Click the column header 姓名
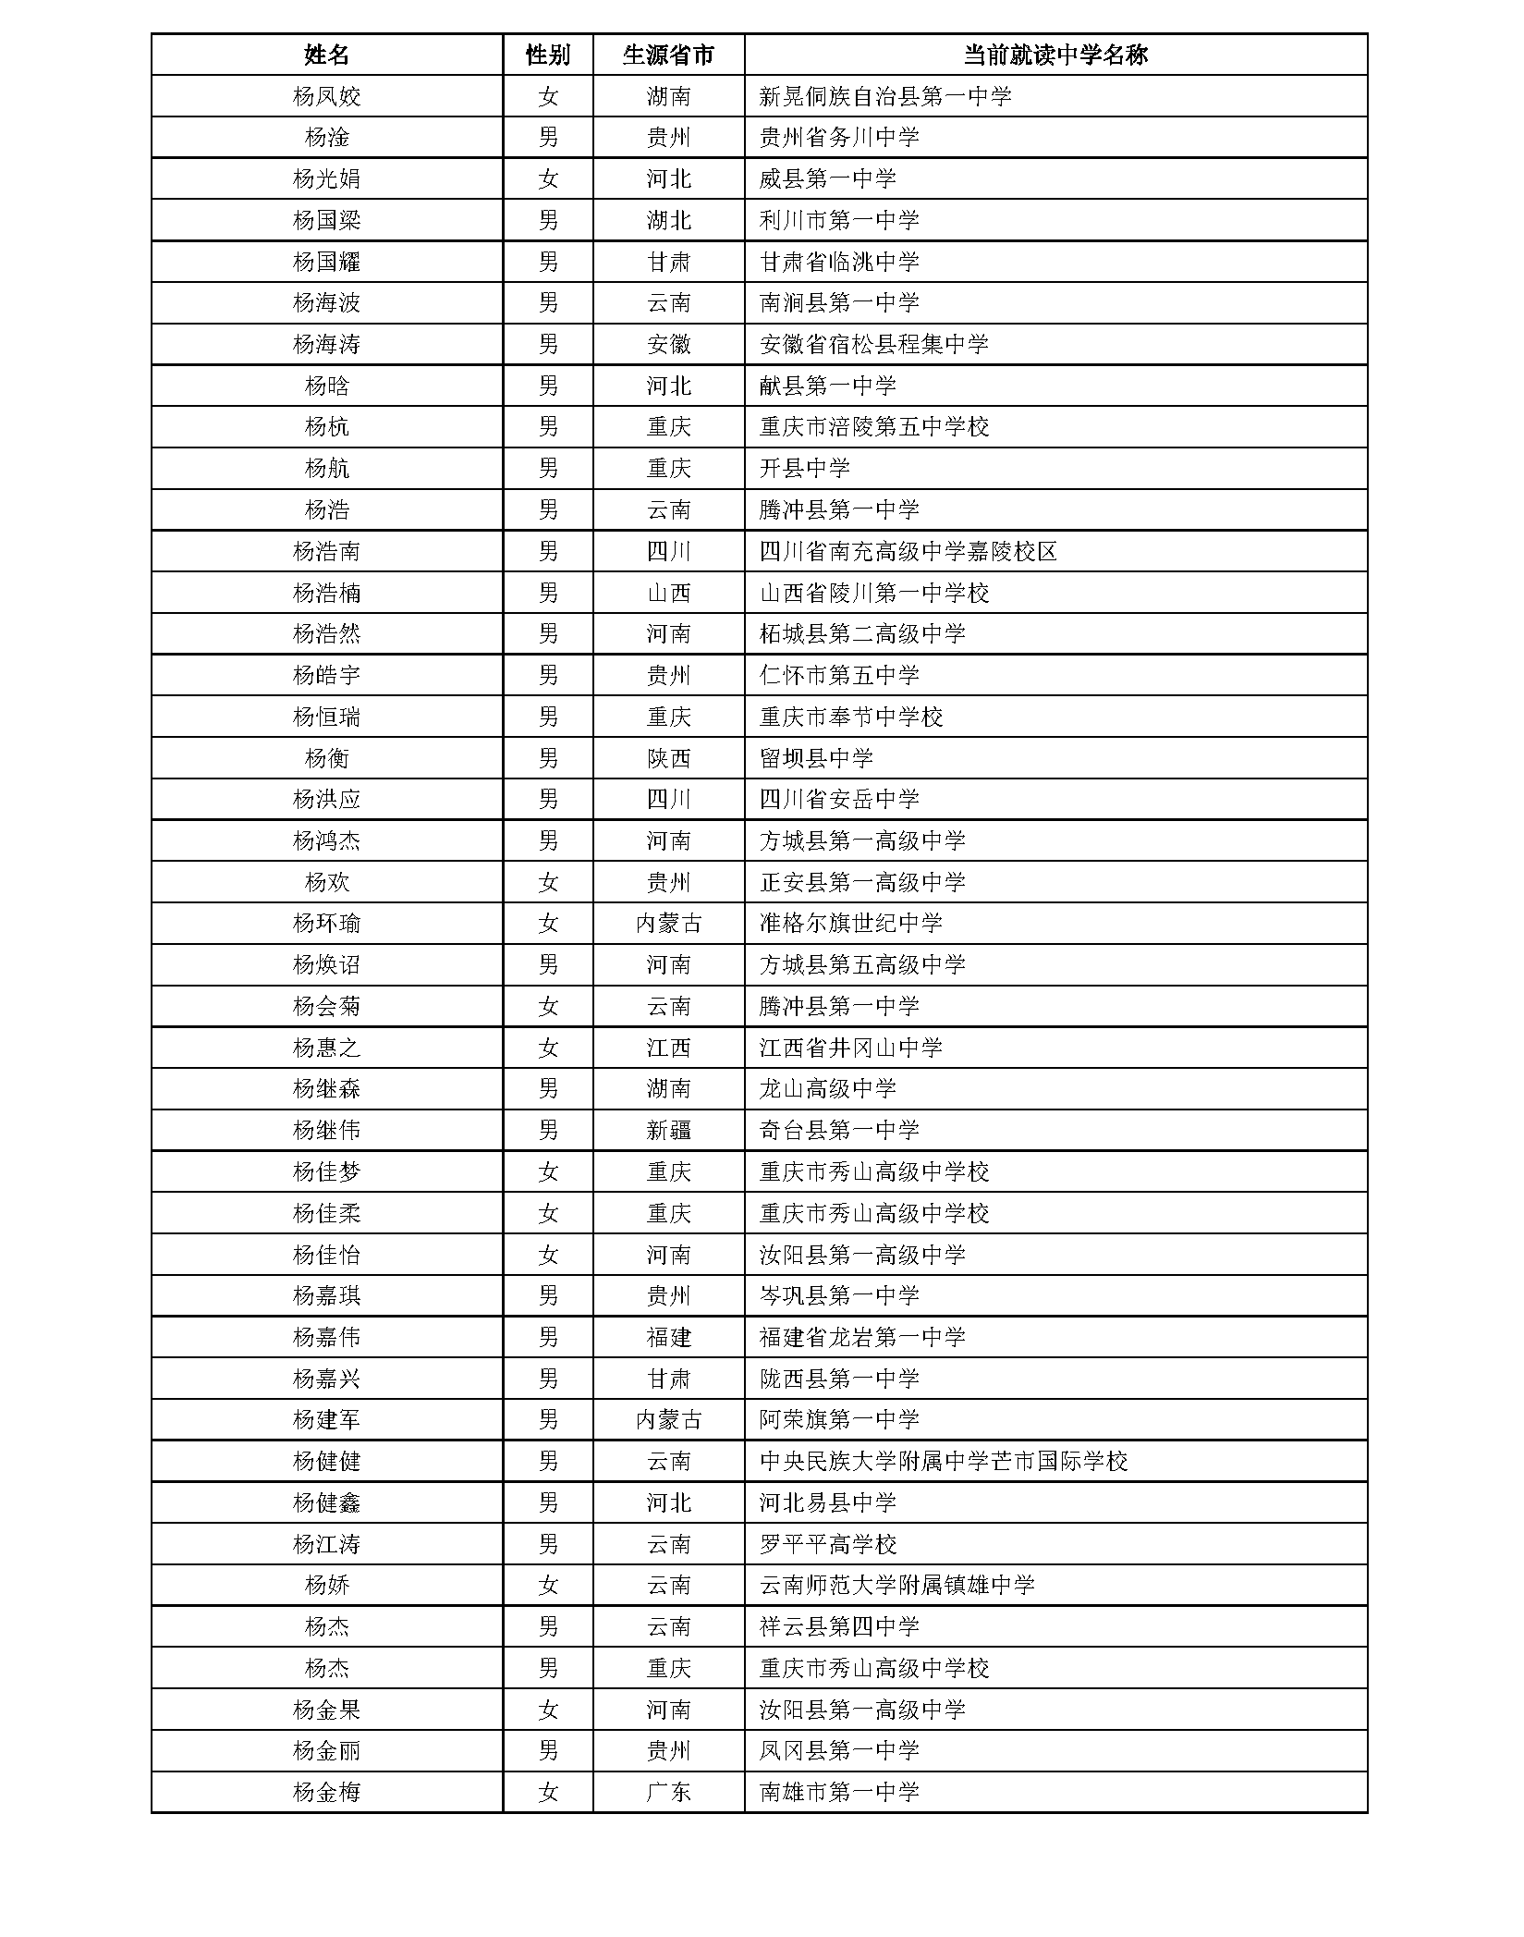pos(326,55)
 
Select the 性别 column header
pos(547,55)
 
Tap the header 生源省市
pos(668,55)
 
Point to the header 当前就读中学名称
pos(1055,55)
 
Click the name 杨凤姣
pos(326,96)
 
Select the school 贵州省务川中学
pos(838,138)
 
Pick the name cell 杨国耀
pos(326,262)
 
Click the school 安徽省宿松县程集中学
pos(873,344)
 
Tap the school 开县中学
pos(804,468)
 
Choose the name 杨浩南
pos(326,551)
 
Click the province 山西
pos(668,593)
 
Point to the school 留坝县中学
pos(815,758)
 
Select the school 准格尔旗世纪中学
pos(850,923)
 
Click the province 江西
pos(668,1048)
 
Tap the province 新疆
pos(668,1130)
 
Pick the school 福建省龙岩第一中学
pos(861,1337)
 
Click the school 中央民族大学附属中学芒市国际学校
pos(943,1461)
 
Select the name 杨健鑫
pos(326,1502)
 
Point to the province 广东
pos(668,1792)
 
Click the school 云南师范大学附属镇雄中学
pos(896,1585)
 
